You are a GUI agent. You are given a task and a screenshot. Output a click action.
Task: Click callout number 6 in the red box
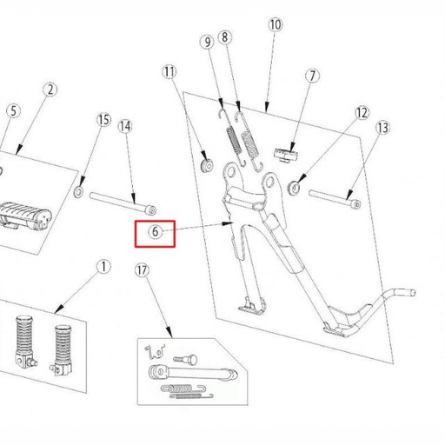pos(156,232)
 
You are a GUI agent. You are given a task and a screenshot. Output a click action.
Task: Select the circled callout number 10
pos(275,25)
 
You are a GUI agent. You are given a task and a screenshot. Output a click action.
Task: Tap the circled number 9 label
pos(207,42)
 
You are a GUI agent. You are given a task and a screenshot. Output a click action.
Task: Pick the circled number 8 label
pos(225,37)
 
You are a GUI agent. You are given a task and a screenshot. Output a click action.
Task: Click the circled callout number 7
pos(312,76)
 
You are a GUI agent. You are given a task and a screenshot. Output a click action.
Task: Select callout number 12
pos(362,113)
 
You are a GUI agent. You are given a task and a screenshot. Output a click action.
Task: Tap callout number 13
pos(382,128)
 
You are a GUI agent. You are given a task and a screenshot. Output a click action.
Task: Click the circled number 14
pos(125,126)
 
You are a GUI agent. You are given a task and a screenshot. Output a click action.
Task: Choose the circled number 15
pos(103,119)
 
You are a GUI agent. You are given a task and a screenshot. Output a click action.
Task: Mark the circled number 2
pos(50,90)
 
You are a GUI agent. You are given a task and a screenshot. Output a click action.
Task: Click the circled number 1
pos(103,267)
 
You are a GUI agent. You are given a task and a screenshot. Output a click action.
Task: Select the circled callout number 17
pos(143,271)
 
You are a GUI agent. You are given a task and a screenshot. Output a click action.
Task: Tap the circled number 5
pos(12,110)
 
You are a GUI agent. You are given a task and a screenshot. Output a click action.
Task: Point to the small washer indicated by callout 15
pos(79,191)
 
